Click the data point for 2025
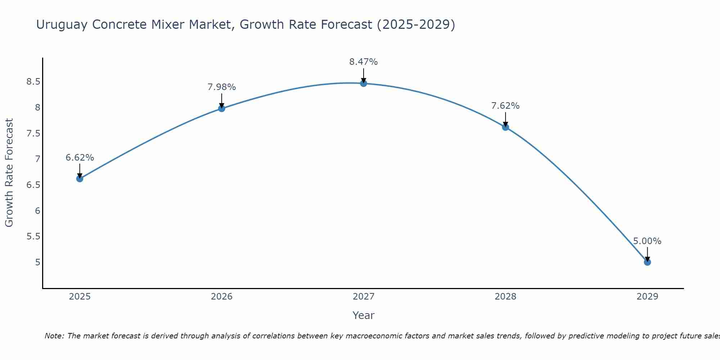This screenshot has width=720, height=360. point(80,179)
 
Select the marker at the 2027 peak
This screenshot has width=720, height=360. point(364,84)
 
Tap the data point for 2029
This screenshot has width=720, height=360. point(647,262)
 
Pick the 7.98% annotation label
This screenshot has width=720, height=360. point(221,87)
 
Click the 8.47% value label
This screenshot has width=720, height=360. point(364,62)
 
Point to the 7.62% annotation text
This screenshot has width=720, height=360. point(505,106)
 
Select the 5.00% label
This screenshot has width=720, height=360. point(647,241)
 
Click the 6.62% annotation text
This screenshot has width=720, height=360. point(80,158)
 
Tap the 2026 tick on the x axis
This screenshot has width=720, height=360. point(221,297)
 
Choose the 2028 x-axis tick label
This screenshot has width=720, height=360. point(505,297)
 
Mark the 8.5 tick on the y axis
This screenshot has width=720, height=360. point(33,82)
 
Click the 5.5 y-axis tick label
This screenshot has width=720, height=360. point(33,237)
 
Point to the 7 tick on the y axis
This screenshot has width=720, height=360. point(37,159)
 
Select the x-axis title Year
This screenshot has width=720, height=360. point(364,315)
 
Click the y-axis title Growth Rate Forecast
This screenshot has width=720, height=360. point(9,173)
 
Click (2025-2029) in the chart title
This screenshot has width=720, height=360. point(416,25)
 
